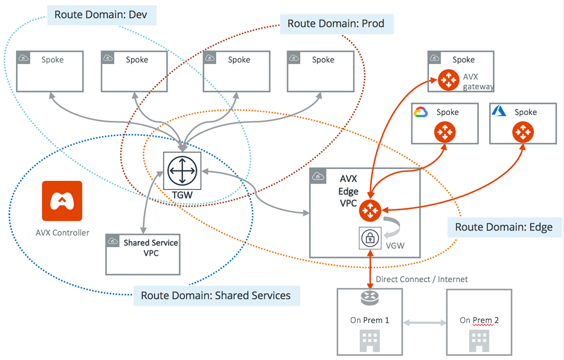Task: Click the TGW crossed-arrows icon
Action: pyautogui.click(x=182, y=171)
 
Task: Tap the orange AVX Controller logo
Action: pyautogui.click(x=62, y=201)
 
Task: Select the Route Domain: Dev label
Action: pyautogui.click(x=102, y=15)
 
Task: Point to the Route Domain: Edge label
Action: pyautogui.click(x=504, y=227)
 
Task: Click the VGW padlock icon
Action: pyautogui.click(x=370, y=238)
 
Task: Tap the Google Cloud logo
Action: pyautogui.click(x=420, y=112)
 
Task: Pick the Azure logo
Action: pyautogui.click(x=499, y=110)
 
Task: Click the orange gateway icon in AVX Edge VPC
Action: pyautogui.click(x=370, y=211)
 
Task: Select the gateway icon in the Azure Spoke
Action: pyautogui.click(x=523, y=132)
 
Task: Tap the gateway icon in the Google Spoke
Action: pyautogui.click(x=445, y=132)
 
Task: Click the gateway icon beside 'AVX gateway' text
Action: pyautogui.click(x=448, y=80)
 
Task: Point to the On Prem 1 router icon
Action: pyautogui.click(x=370, y=297)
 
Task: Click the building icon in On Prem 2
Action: pyautogui.click(x=479, y=341)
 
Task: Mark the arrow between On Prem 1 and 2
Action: pyautogui.click(x=424, y=323)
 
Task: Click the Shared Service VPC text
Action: pyautogui.click(x=150, y=248)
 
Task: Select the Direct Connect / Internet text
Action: pyautogui.click(x=422, y=279)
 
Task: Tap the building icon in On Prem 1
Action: pyautogui.click(x=370, y=341)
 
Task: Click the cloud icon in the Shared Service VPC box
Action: pyautogui.click(x=113, y=241)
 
